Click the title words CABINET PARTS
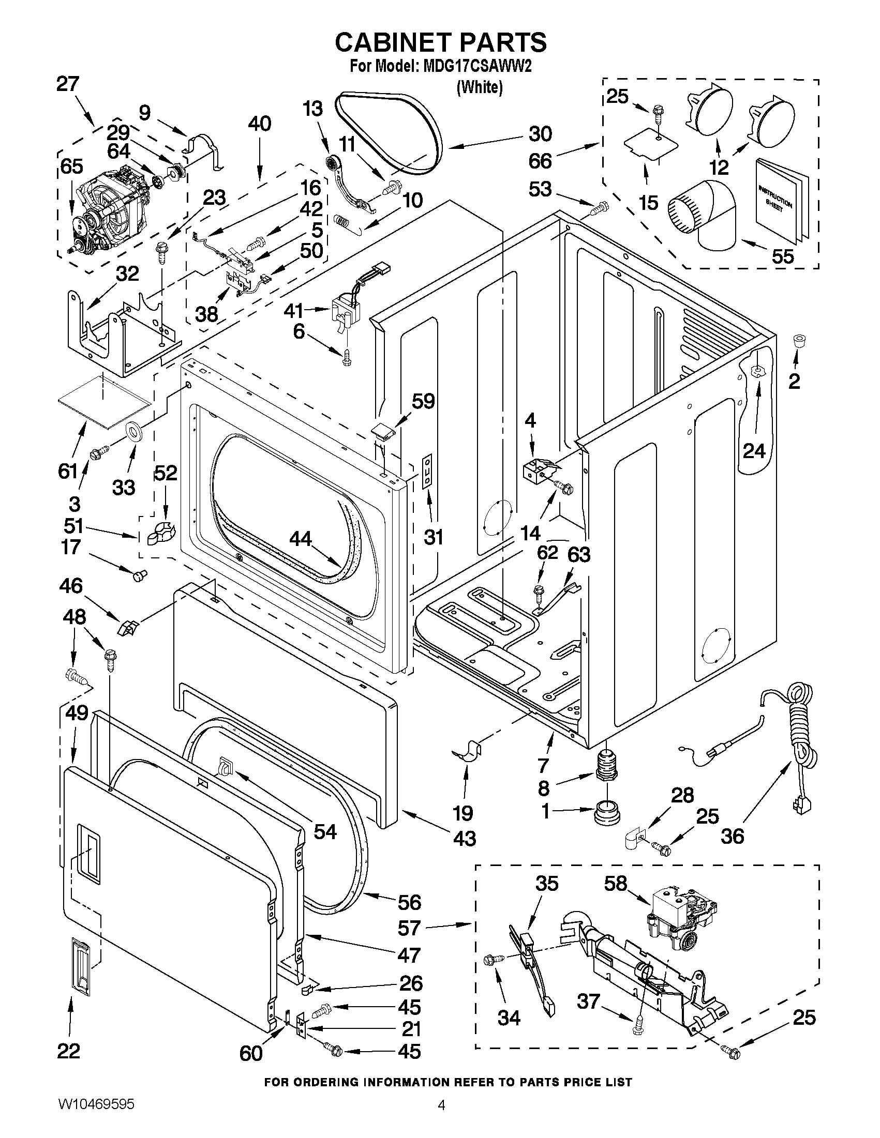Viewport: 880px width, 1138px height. click(441, 42)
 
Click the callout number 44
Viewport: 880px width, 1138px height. click(301, 539)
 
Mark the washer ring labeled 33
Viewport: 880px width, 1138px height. click(135, 432)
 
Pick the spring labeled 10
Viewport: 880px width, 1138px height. click(341, 221)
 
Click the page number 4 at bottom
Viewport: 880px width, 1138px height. click(441, 1118)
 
